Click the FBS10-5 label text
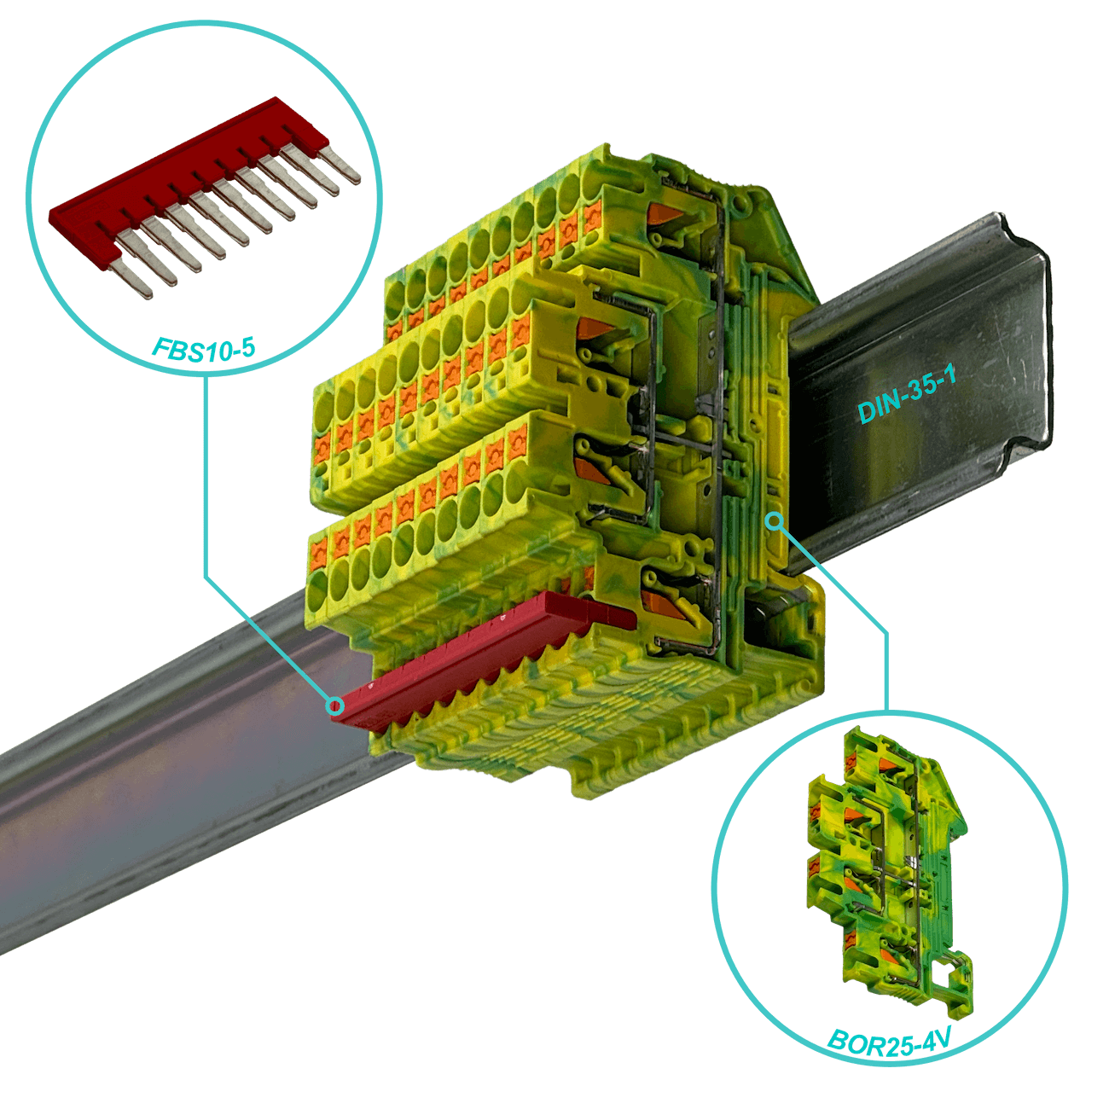pos(203,349)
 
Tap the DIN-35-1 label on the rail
pos(907,393)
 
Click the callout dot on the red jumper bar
pos(334,705)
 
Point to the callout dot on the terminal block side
pos(775,522)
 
